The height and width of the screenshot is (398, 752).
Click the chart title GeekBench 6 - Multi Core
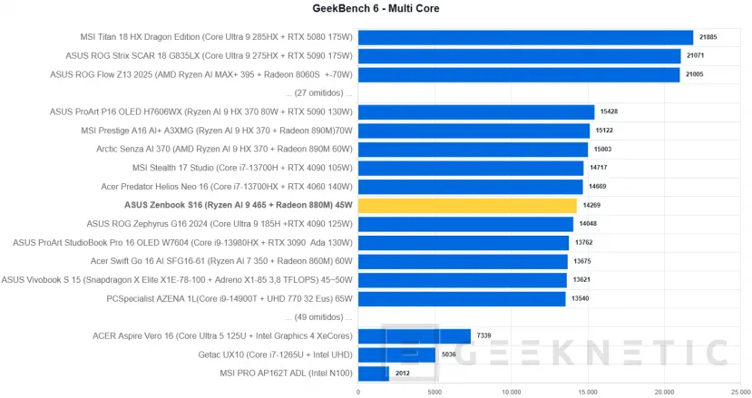coord(376,9)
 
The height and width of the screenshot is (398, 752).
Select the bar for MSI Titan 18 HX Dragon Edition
coord(525,37)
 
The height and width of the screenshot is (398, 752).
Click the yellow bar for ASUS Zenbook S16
coord(467,206)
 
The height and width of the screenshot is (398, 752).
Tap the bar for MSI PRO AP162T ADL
coord(373,373)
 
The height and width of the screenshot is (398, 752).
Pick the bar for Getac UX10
coord(396,354)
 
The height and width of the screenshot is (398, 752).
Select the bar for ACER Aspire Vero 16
coord(414,335)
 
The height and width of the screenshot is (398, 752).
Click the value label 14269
coord(592,206)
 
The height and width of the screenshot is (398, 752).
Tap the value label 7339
coord(485,335)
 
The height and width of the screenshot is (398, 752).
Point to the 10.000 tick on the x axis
coord(511,392)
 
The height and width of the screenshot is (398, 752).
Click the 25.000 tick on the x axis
coord(740,392)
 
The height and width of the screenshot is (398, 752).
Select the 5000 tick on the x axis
coord(435,392)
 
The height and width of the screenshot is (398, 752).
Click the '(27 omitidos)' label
coord(317,93)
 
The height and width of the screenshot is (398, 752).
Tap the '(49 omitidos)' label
coord(317,317)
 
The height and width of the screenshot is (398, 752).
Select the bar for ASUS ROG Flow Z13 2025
coord(519,74)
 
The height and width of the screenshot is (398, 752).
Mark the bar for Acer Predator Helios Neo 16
coord(470,187)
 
